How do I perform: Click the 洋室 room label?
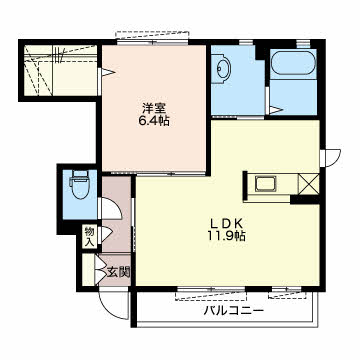[154, 109]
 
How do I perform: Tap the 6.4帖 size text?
[154, 121]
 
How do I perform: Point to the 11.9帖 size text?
[227, 236]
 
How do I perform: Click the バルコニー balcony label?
[234, 311]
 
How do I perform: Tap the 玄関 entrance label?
[118, 272]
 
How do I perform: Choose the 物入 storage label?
[89, 236]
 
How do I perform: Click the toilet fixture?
[80, 185]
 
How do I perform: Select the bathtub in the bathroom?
[293, 62]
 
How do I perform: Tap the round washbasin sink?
[221, 69]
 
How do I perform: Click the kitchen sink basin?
[265, 184]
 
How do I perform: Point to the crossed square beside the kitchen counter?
[308, 183]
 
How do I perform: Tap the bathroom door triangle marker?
[275, 110]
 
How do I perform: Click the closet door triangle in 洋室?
[107, 72]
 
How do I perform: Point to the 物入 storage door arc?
[107, 233]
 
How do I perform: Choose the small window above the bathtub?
[302, 44]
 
